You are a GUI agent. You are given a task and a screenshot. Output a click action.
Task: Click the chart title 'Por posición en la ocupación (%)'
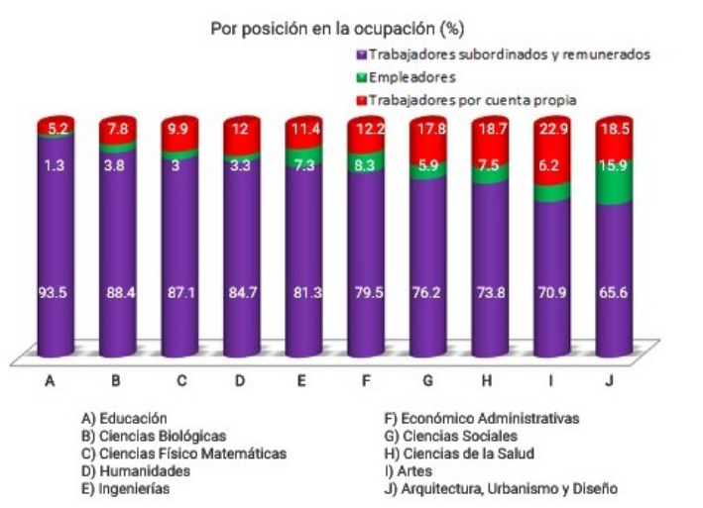[337, 29]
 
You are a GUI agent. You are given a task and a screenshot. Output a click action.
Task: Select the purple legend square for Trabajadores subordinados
[362, 55]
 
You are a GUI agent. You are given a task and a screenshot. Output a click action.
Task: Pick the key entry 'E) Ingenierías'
[127, 488]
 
